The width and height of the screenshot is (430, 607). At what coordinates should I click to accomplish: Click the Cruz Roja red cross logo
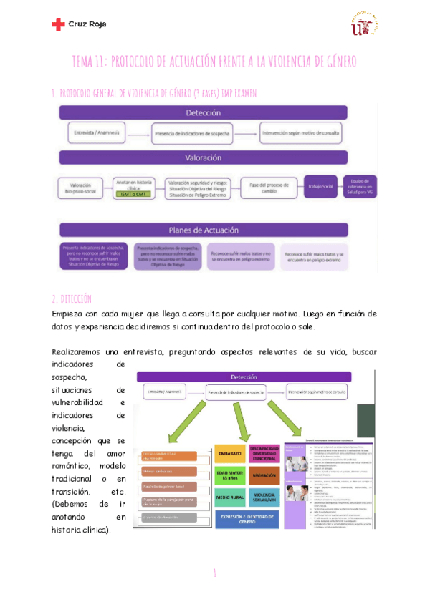pos(58,24)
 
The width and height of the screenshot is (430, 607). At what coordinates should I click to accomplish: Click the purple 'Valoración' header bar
pos(203,157)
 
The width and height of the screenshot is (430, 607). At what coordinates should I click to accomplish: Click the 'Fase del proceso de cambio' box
pos(267,188)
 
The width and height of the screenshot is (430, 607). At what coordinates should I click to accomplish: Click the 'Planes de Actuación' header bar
pos(203,230)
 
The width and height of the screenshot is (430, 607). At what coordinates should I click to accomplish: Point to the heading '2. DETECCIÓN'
pos(72,298)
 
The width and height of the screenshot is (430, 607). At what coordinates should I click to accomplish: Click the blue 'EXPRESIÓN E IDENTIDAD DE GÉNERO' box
pos(246,519)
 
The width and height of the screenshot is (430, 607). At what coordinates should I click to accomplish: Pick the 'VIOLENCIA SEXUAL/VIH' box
pos(263,497)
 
